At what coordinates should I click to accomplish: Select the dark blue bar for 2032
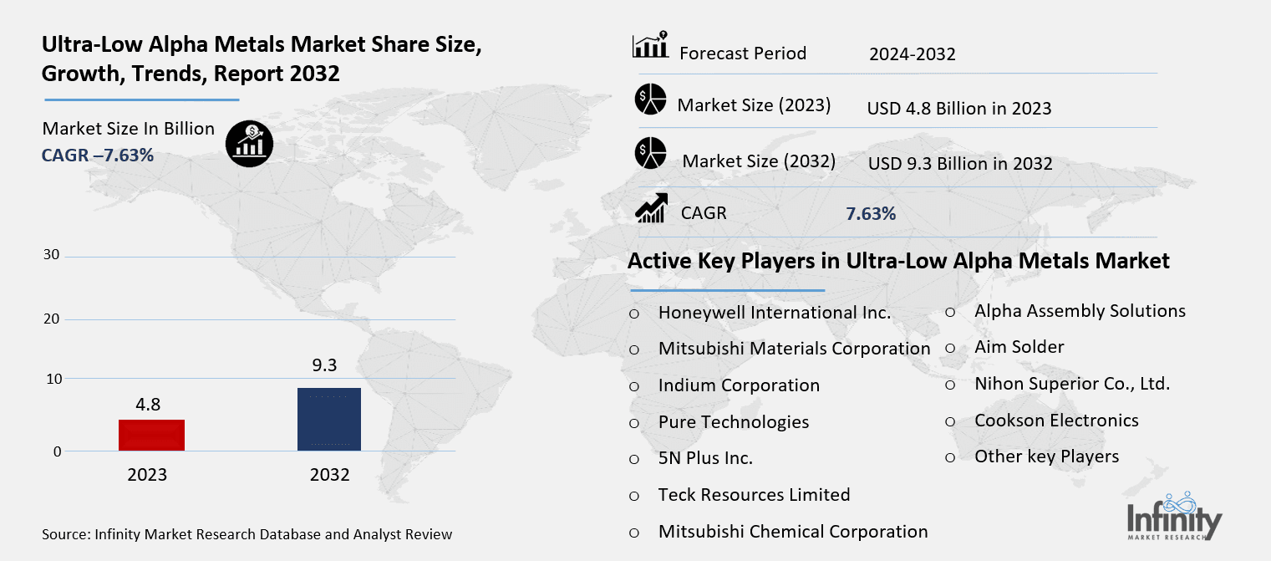[329, 419]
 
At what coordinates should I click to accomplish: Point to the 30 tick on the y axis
[51, 255]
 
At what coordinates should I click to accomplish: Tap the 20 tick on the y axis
[51, 319]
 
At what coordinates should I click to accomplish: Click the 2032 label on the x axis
[329, 475]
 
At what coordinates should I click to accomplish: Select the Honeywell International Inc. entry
[774, 313]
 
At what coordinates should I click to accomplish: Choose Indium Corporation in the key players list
[739, 385]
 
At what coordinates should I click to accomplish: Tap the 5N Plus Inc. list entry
[705, 458]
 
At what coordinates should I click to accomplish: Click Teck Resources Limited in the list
[754, 495]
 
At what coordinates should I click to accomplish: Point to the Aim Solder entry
[1019, 347]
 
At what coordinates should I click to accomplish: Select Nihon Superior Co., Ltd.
[1071, 384]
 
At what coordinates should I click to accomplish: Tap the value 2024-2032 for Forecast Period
[912, 55]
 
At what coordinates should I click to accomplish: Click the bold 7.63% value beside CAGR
[871, 214]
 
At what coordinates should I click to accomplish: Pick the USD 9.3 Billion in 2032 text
[960, 164]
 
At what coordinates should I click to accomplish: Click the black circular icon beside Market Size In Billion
[250, 144]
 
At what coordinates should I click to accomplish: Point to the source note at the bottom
[247, 534]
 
